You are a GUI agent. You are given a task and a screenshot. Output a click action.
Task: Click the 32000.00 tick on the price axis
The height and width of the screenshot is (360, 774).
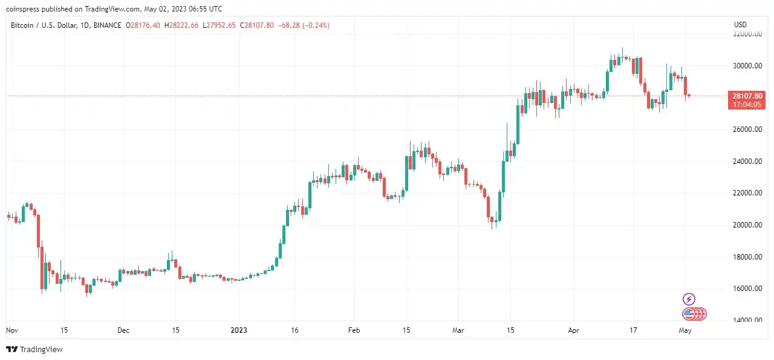pos(747,34)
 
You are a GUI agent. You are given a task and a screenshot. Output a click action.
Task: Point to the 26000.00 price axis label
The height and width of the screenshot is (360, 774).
pos(747,129)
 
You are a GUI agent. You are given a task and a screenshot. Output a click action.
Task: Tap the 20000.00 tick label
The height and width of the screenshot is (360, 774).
pos(747,225)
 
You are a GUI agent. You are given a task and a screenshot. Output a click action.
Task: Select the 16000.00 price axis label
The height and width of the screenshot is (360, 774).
pos(747,289)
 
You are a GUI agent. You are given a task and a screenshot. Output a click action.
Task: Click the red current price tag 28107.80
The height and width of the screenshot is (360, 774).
pos(747,96)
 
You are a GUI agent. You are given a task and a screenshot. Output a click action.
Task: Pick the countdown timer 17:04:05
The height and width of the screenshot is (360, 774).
pos(747,105)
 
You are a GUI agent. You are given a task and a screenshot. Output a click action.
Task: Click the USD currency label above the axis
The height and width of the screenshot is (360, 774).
pos(740,25)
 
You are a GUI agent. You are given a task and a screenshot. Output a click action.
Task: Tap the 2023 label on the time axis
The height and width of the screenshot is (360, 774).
pos(239,331)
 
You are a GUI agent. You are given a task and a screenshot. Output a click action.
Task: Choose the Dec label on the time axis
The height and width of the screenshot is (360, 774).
pos(123,331)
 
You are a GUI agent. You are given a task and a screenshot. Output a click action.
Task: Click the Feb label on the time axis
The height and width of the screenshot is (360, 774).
pos(354,331)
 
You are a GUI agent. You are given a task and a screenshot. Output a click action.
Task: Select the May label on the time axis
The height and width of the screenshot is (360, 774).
pos(685,331)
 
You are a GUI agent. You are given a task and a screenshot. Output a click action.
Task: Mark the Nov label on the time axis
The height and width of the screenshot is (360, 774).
pos(11,331)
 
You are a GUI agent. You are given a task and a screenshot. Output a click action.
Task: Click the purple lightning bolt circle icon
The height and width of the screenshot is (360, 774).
pos(689,299)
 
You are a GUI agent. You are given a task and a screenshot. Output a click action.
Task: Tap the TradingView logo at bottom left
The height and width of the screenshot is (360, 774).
pos(34,349)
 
